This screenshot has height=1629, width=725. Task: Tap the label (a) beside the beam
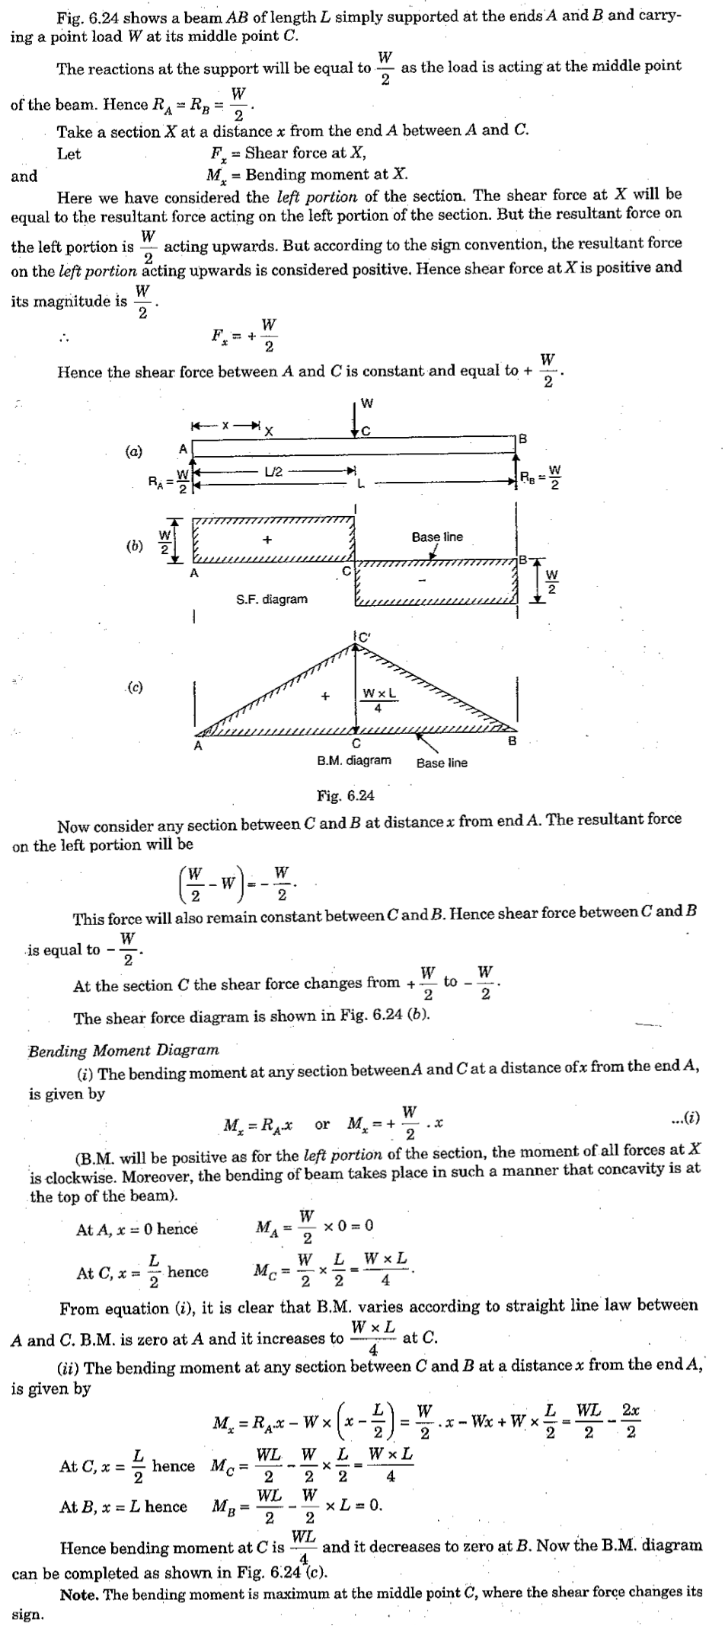[x=134, y=451]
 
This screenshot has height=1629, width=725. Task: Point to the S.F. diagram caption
[x=272, y=600]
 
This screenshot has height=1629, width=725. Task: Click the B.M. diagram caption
[x=354, y=760]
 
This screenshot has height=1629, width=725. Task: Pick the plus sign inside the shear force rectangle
[x=267, y=540]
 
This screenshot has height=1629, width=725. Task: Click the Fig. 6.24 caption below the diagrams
[x=345, y=796]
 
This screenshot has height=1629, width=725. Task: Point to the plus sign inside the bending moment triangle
[x=325, y=696]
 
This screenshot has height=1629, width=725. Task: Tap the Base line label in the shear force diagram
[x=437, y=537]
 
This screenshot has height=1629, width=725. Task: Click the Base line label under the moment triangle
[x=442, y=763]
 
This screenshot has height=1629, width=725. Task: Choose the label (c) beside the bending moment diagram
[x=134, y=687]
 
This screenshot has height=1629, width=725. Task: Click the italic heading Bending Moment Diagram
[x=123, y=1050]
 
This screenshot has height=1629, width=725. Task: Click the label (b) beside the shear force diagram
[x=134, y=546]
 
